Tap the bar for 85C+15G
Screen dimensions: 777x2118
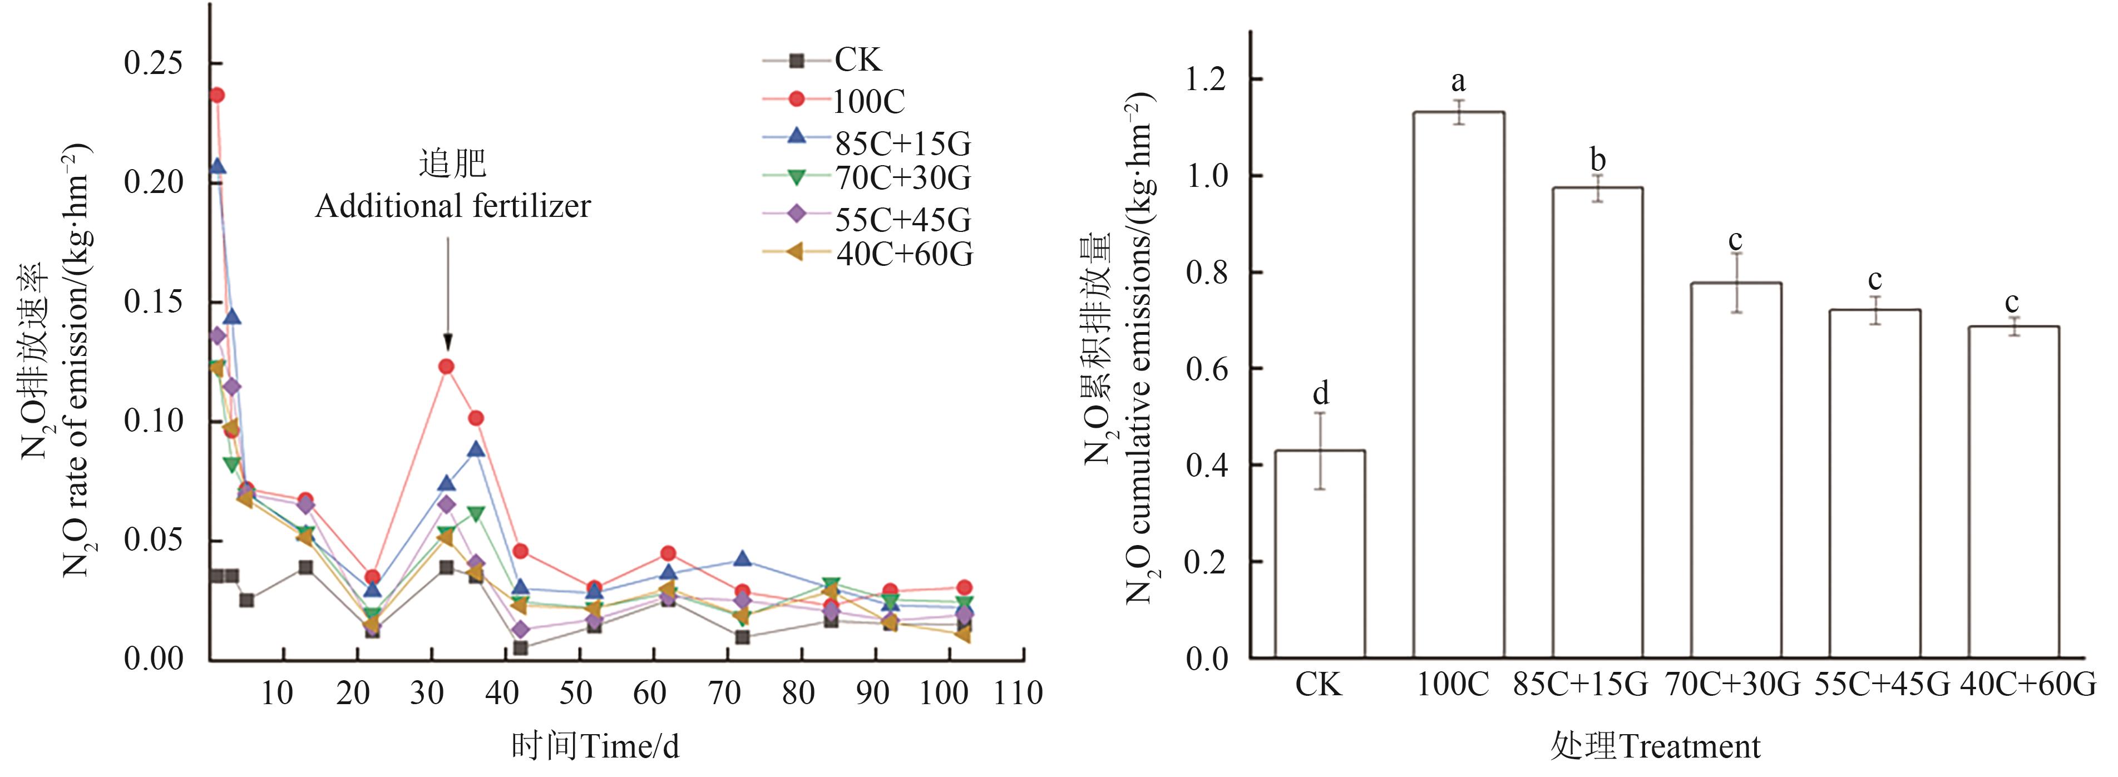click(1597, 423)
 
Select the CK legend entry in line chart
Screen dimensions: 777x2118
click(857, 60)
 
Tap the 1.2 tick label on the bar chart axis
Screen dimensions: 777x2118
click(1203, 80)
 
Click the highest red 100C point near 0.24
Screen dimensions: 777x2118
click(217, 95)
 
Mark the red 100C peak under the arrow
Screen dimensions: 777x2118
click(446, 367)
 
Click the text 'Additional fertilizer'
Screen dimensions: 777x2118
click(453, 206)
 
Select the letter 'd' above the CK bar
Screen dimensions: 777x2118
click(1320, 393)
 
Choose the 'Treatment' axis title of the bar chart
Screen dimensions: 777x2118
click(1690, 746)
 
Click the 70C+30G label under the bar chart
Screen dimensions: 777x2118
click(1733, 684)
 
